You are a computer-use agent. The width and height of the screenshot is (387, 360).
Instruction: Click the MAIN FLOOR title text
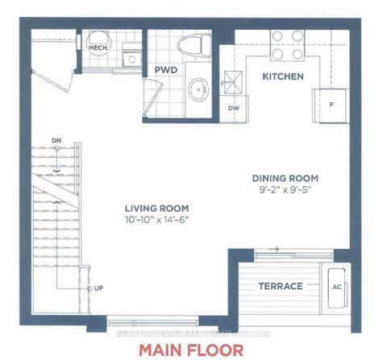190,349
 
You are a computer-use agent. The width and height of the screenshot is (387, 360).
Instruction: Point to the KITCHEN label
282,77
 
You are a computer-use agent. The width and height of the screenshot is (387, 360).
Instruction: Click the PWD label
166,71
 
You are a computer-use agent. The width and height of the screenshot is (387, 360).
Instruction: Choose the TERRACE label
280,286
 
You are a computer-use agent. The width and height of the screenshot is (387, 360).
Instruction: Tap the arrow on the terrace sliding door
275,249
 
